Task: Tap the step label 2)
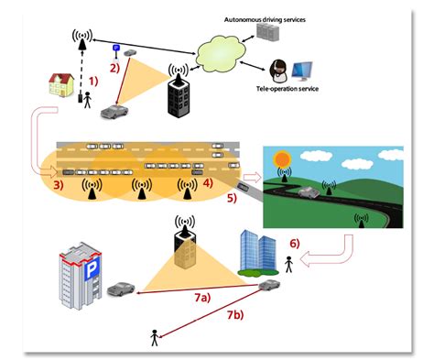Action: click(x=114, y=67)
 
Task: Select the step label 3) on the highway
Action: click(x=58, y=187)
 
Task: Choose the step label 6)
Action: click(x=295, y=244)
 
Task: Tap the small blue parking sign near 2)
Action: click(x=116, y=48)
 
